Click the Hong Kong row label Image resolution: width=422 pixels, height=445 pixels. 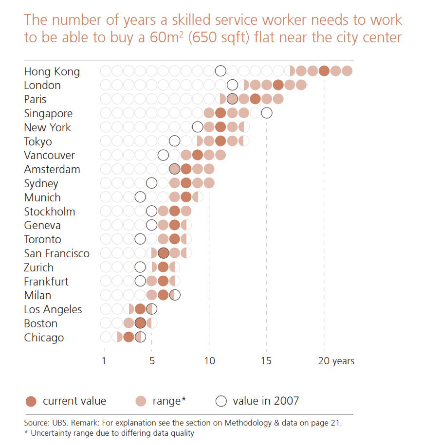coord(52,71)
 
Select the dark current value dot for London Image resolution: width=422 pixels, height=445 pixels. coord(278,85)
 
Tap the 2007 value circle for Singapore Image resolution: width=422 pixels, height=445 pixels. coord(266,113)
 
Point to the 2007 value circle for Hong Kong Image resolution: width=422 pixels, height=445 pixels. coord(220,71)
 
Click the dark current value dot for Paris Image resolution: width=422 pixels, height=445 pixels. coord(255,99)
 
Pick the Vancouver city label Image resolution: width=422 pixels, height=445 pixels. coord(49,156)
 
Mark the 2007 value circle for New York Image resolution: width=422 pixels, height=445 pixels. coord(197,127)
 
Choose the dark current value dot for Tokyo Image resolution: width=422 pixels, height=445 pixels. coord(220,142)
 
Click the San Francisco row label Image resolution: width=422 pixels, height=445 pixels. coord(56,253)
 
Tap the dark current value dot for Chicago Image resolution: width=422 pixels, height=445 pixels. coord(128,338)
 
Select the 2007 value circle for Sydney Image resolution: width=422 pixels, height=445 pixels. coord(151,183)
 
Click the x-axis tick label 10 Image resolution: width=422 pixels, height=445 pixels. coord(209,361)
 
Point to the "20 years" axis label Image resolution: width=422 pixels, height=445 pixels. coord(336,361)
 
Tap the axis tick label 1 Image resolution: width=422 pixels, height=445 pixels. coord(104,361)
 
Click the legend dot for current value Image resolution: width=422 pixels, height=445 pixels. coord(31,401)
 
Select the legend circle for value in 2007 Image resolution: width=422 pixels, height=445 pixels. coord(221,401)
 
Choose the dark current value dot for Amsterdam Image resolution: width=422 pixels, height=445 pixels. coord(186,169)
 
